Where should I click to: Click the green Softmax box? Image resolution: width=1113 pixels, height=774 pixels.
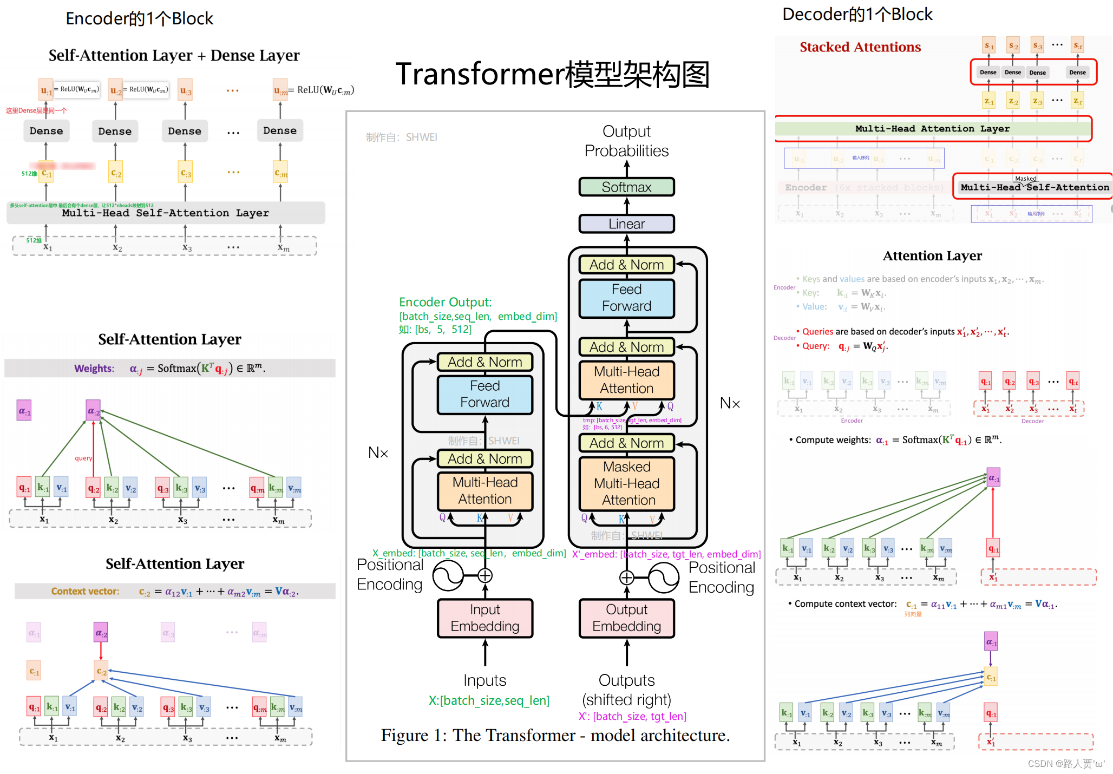pyautogui.click(x=626, y=187)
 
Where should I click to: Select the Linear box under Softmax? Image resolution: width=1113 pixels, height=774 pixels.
pyautogui.click(x=626, y=224)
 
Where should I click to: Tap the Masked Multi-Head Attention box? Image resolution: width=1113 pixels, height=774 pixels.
pyautogui.click(x=626, y=483)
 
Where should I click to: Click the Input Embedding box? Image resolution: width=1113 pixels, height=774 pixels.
pyautogui.click(x=485, y=618)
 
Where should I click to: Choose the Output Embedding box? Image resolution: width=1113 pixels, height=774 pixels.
pyautogui.click(x=626, y=618)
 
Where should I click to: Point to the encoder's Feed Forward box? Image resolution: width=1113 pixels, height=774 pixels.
pyautogui.click(x=485, y=395)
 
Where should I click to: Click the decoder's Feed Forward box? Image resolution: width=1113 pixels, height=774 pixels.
pyautogui.click(x=626, y=298)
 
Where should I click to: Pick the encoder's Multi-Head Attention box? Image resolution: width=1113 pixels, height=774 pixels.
pyautogui.click(x=485, y=491)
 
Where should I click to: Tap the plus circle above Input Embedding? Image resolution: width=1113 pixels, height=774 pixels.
pyautogui.click(x=485, y=575)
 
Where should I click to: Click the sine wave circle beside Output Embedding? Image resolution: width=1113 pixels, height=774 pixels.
pyautogui.click(x=663, y=578)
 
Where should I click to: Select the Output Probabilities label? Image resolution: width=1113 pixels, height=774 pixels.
pyautogui.click(x=626, y=141)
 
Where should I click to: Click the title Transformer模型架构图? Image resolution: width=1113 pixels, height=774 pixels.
pyautogui.click(x=552, y=74)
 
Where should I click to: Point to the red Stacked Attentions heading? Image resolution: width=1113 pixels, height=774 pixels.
pyautogui.click(x=860, y=47)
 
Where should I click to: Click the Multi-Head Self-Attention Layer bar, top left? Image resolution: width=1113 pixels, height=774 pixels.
pyautogui.click(x=165, y=213)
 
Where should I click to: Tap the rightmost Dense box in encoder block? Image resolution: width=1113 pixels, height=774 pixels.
pyautogui.click(x=279, y=131)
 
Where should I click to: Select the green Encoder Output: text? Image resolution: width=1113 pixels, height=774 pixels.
pyautogui.click(x=445, y=302)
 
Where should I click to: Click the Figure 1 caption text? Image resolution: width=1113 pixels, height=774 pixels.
pyautogui.click(x=555, y=736)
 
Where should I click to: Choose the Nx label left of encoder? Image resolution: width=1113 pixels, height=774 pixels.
pyautogui.click(x=378, y=452)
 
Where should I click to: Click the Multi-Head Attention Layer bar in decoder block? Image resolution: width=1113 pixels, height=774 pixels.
pyautogui.click(x=932, y=129)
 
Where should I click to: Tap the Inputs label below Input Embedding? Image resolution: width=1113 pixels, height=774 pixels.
pyautogui.click(x=485, y=680)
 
